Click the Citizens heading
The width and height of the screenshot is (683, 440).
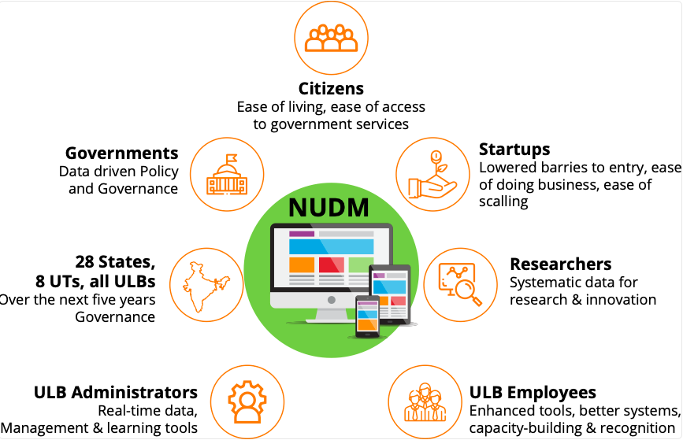331,88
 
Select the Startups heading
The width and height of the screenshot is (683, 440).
514,150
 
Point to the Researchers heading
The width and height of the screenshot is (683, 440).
561,264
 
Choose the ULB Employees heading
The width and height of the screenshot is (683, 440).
533,392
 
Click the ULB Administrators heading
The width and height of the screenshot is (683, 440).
116,392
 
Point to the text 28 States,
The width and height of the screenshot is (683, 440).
115,262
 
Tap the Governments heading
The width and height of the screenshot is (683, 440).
122,153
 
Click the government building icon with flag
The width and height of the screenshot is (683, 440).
227,174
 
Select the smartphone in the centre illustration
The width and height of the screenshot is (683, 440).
367,317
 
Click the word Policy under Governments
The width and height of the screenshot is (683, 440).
158,171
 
